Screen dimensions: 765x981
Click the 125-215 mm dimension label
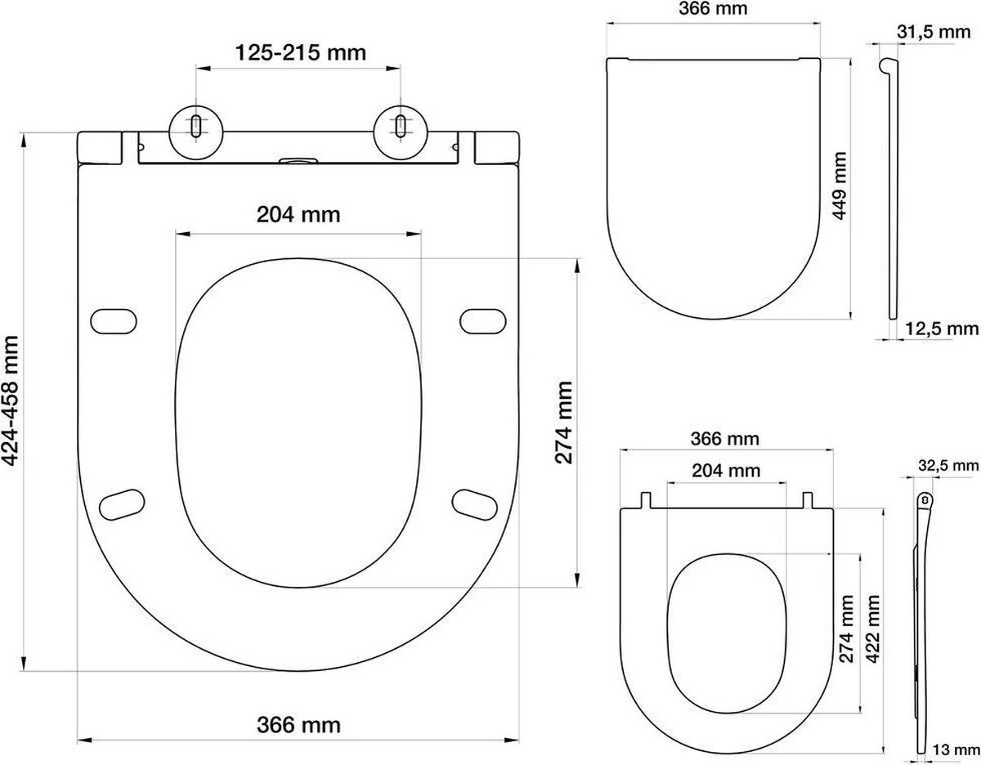pos(301,53)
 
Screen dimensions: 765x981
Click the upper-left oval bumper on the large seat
pos(115,321)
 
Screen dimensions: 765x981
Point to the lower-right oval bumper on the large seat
pos(476,503)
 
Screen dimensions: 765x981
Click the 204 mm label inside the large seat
pos(298,215)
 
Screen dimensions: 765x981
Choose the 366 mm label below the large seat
pos(298,723)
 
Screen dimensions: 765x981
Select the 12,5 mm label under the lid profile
pos(942,329)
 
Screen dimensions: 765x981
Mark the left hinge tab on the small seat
pos(646,499)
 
